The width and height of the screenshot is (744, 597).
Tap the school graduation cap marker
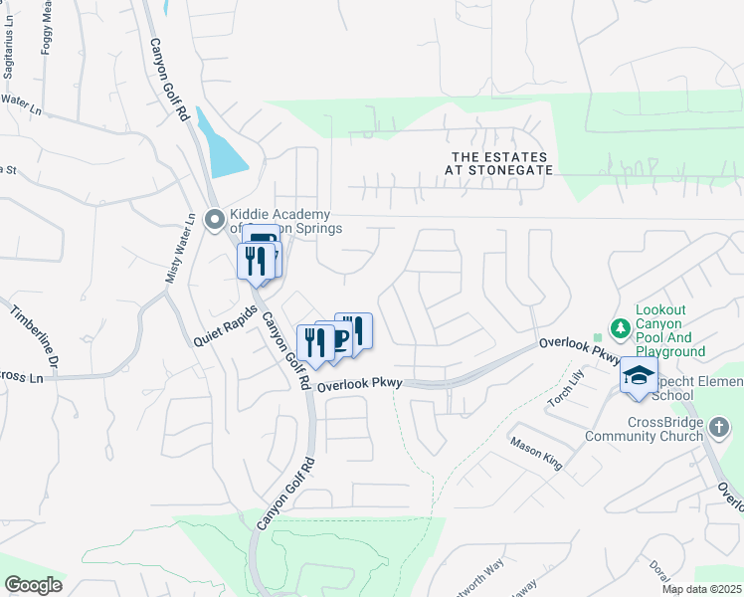pyautogui.click(x=639, y=376)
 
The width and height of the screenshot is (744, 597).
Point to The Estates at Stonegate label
pyautogui.click(x=501, y=164)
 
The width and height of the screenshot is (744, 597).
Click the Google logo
pyautogui.click(x=33, y=584)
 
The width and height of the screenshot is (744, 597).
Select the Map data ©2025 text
pyautogui.click(x=700, y=589)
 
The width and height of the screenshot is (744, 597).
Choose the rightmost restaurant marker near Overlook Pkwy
pyautogui.click(x=354, y=328)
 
